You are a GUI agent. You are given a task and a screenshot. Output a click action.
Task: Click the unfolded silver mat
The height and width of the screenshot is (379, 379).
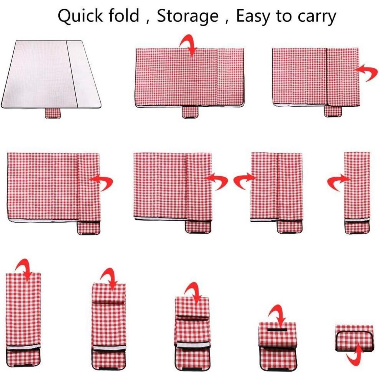(x=51, y=74)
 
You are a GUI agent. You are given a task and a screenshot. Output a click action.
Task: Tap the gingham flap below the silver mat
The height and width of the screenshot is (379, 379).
(x=53, y=113)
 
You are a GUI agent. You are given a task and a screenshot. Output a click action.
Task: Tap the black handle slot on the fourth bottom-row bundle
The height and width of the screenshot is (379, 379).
(x=277, y=330)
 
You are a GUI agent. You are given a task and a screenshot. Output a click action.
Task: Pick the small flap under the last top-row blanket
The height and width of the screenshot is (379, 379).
(x=333, y=111)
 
